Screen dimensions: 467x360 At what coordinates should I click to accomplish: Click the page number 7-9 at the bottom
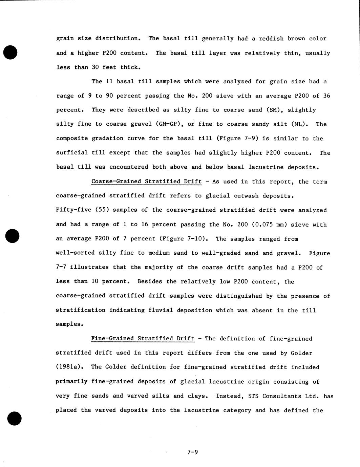(x=192, y=452)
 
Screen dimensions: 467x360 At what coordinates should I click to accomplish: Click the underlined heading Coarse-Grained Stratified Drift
(x=146, y=182)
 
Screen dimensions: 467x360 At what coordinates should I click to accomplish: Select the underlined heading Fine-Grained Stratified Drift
(x=143, y=339)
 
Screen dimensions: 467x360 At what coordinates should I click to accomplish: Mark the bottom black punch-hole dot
(x=14, y=419)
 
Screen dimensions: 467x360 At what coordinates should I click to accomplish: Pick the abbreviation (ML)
(x=299, y=124)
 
